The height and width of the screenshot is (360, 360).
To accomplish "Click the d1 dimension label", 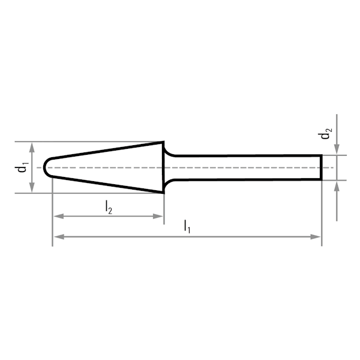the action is point(22,167).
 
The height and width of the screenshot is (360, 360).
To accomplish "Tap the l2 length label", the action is point(109,208).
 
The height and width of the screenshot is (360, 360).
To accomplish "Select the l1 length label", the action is point(187,227).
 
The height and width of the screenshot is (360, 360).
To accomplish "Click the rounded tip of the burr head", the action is point(44,167).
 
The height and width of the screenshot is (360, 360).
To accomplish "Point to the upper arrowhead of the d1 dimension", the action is point(32,147).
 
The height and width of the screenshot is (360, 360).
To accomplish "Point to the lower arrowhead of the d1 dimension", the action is point(32,188).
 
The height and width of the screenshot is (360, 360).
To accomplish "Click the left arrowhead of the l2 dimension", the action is point(59,216).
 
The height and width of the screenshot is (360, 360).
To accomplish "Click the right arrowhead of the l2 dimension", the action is point(158,216).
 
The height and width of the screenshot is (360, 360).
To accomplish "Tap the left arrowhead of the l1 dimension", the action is point(59,237).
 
